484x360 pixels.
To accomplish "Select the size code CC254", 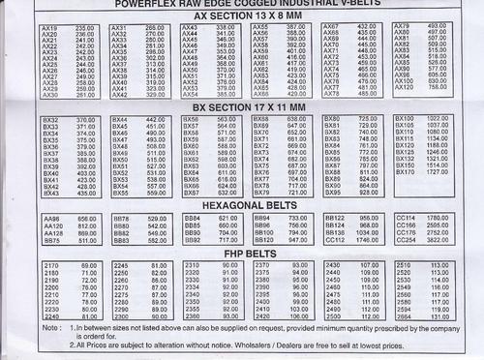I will click(405, 240).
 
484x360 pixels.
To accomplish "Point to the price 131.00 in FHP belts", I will click(440, 316).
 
